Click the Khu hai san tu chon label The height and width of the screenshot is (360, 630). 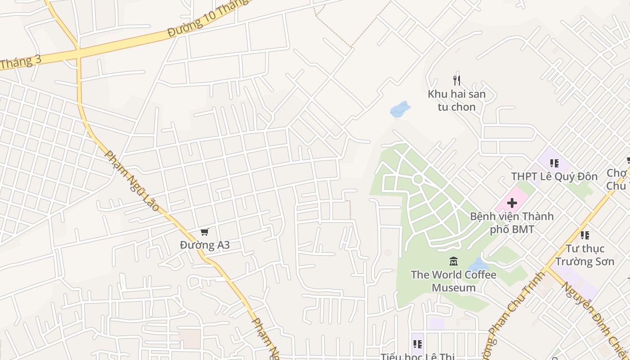pos(457,100)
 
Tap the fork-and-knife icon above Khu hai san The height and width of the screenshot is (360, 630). pos(457,81)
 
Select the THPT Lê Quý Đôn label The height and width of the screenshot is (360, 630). pos(554,176)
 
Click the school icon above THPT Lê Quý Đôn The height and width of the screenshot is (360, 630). pos(554,163)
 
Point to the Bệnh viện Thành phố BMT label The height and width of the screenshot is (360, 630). pos(512,223)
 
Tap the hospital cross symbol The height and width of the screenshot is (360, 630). pos(512,203)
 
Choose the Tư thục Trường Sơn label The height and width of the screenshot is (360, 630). pos(585,255)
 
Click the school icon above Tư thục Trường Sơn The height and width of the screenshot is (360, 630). pos(585,235)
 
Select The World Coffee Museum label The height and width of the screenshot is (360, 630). pos(454,281)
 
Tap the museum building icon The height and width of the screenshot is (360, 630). pos(454,261)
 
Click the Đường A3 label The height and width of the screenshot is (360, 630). pos(205,245)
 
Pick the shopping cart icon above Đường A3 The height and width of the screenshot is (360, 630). pos(205,232)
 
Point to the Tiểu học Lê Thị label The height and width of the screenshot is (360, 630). pos(418,356)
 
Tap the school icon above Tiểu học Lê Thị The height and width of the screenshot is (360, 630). pos(418,344)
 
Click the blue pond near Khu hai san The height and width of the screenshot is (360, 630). pos(400,109)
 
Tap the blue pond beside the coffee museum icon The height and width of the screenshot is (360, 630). pos(477,265)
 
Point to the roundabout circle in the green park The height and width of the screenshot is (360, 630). pos(418,179)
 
